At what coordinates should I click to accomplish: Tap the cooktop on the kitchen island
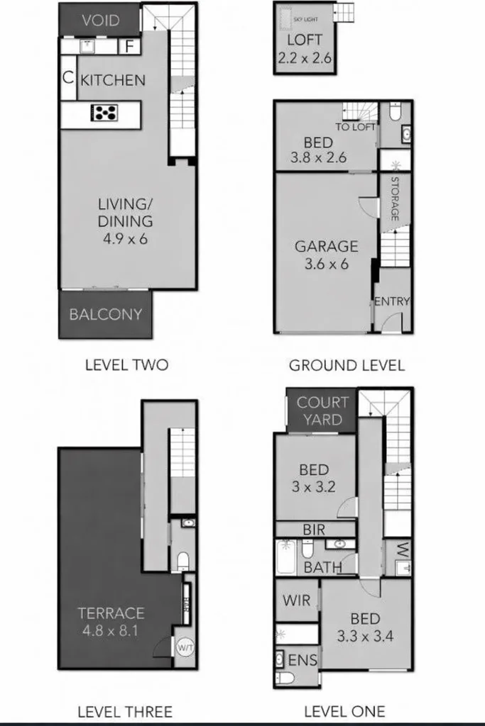coord(105,113)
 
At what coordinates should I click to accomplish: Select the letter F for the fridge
coord(130,48)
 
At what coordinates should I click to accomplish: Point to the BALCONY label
coord(106,314)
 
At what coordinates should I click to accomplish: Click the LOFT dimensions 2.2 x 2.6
coord(305,58)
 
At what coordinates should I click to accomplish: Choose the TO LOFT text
coord(355,128)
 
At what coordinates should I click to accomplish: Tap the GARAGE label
coord(327,247)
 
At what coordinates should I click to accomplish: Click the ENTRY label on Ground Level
coord(392,301)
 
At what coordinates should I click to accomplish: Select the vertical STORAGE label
coord(394,199)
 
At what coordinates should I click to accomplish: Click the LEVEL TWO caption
coord(126,365)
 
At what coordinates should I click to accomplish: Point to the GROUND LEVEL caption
coord(347,366)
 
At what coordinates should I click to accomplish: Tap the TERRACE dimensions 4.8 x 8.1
coord(111,629)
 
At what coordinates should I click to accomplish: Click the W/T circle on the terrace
coord(185,647)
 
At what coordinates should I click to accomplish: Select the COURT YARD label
coord(322,411)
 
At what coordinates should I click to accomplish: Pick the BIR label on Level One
coord(314,529)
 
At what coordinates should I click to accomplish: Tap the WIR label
coord(296,601)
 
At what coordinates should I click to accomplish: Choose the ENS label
coord(303,661)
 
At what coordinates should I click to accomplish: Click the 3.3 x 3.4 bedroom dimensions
coord(364,635)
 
